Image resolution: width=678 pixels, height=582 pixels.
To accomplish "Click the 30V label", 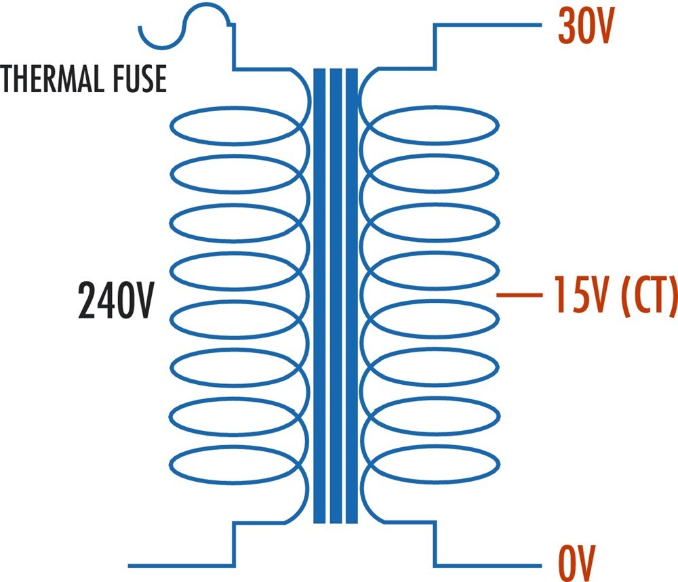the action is click(586, 26).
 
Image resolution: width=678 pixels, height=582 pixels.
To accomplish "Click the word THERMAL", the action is click(53, 79).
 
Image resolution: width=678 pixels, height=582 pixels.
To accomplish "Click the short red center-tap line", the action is click(519, 295).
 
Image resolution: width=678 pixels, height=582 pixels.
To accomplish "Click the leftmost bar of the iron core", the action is click(319, 295).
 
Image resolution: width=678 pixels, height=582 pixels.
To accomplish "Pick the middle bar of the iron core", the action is click(336, 295).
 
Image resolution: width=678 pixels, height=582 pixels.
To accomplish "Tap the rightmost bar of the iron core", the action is click(352, 295).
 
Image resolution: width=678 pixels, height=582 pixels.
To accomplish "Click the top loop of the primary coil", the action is click(236, 107).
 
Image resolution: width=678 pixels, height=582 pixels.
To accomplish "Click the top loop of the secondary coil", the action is click(433, 107).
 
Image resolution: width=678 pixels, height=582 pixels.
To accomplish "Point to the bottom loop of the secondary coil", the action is click(433, 446).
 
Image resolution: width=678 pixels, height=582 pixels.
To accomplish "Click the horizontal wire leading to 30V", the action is click(487, 25).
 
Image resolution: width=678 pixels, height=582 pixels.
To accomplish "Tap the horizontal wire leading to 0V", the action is click(487, 565).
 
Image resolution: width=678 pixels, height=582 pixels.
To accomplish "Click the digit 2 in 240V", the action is click(87, 300).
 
